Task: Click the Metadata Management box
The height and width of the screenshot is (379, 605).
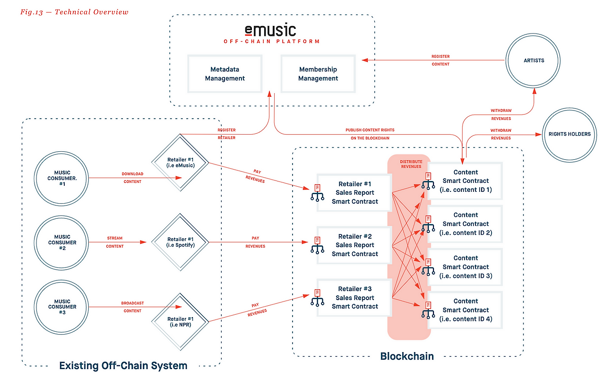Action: tap(225, 74)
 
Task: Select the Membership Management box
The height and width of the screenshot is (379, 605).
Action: tap(318, 74)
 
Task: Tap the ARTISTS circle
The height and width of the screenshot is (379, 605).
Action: tap(533, 60)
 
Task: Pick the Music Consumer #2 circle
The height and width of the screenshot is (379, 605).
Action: tap(62, 242)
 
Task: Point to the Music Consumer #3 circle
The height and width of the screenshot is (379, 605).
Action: tap(62, 307)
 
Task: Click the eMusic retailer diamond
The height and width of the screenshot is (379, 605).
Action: tap(181, 162)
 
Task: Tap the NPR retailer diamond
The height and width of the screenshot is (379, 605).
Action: tap(181, 321)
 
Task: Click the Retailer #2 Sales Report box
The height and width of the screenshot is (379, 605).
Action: tap(354, 245)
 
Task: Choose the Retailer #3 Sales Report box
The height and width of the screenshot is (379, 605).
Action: tap(354, 297)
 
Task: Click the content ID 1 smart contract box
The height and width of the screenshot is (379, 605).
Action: tap(465, 181)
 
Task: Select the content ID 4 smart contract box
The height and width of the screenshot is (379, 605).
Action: tap(465, 310)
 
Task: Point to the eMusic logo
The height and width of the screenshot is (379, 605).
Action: tap(270, 31)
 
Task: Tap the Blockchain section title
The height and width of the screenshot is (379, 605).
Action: tap(407, 356)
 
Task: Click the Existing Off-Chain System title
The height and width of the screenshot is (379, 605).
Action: tap(123, 365)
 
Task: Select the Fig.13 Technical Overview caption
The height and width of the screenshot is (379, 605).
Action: tap(74, 12)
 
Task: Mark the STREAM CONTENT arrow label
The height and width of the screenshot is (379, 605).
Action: tap(115, 242)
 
